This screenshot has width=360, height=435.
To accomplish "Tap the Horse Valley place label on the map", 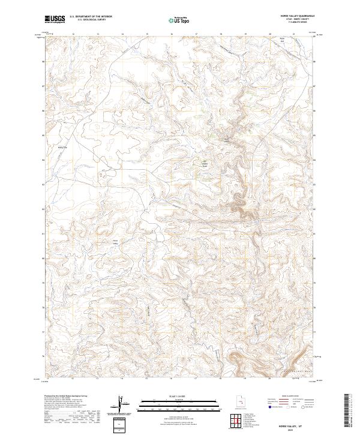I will [x=116, y=242].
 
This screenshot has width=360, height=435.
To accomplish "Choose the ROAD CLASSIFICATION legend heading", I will [x=292, y=397].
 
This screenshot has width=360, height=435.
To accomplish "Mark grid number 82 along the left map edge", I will [x=43, y=209].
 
